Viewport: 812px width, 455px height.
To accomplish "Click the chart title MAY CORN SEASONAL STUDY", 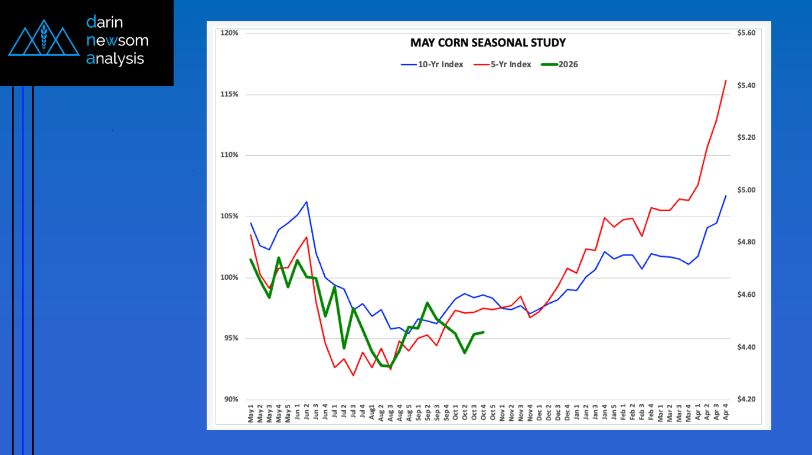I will point(488,43).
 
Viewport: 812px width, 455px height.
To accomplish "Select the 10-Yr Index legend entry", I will point(432,64).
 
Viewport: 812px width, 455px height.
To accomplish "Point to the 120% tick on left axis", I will point(229,33).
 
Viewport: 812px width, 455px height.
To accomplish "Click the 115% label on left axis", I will point(229,94).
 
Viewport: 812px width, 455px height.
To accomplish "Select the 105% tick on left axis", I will point(229,217).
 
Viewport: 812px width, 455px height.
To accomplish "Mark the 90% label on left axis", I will point(230,400).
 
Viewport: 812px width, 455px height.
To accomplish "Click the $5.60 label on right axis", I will point(746,33).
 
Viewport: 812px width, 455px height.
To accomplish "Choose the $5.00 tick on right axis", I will point(746,190).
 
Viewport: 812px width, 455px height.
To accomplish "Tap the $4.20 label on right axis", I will point(746,400).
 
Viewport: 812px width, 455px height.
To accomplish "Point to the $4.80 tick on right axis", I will point(746,243).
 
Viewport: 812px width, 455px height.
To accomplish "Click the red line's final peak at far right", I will point(725,81).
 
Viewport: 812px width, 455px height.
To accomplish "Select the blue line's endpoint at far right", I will point(725,195).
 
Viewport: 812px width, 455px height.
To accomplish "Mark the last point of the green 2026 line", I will point(484,332).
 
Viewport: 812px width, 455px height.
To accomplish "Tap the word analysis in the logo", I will point(115,58).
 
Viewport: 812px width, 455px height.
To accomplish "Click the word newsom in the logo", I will point(118,41).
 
